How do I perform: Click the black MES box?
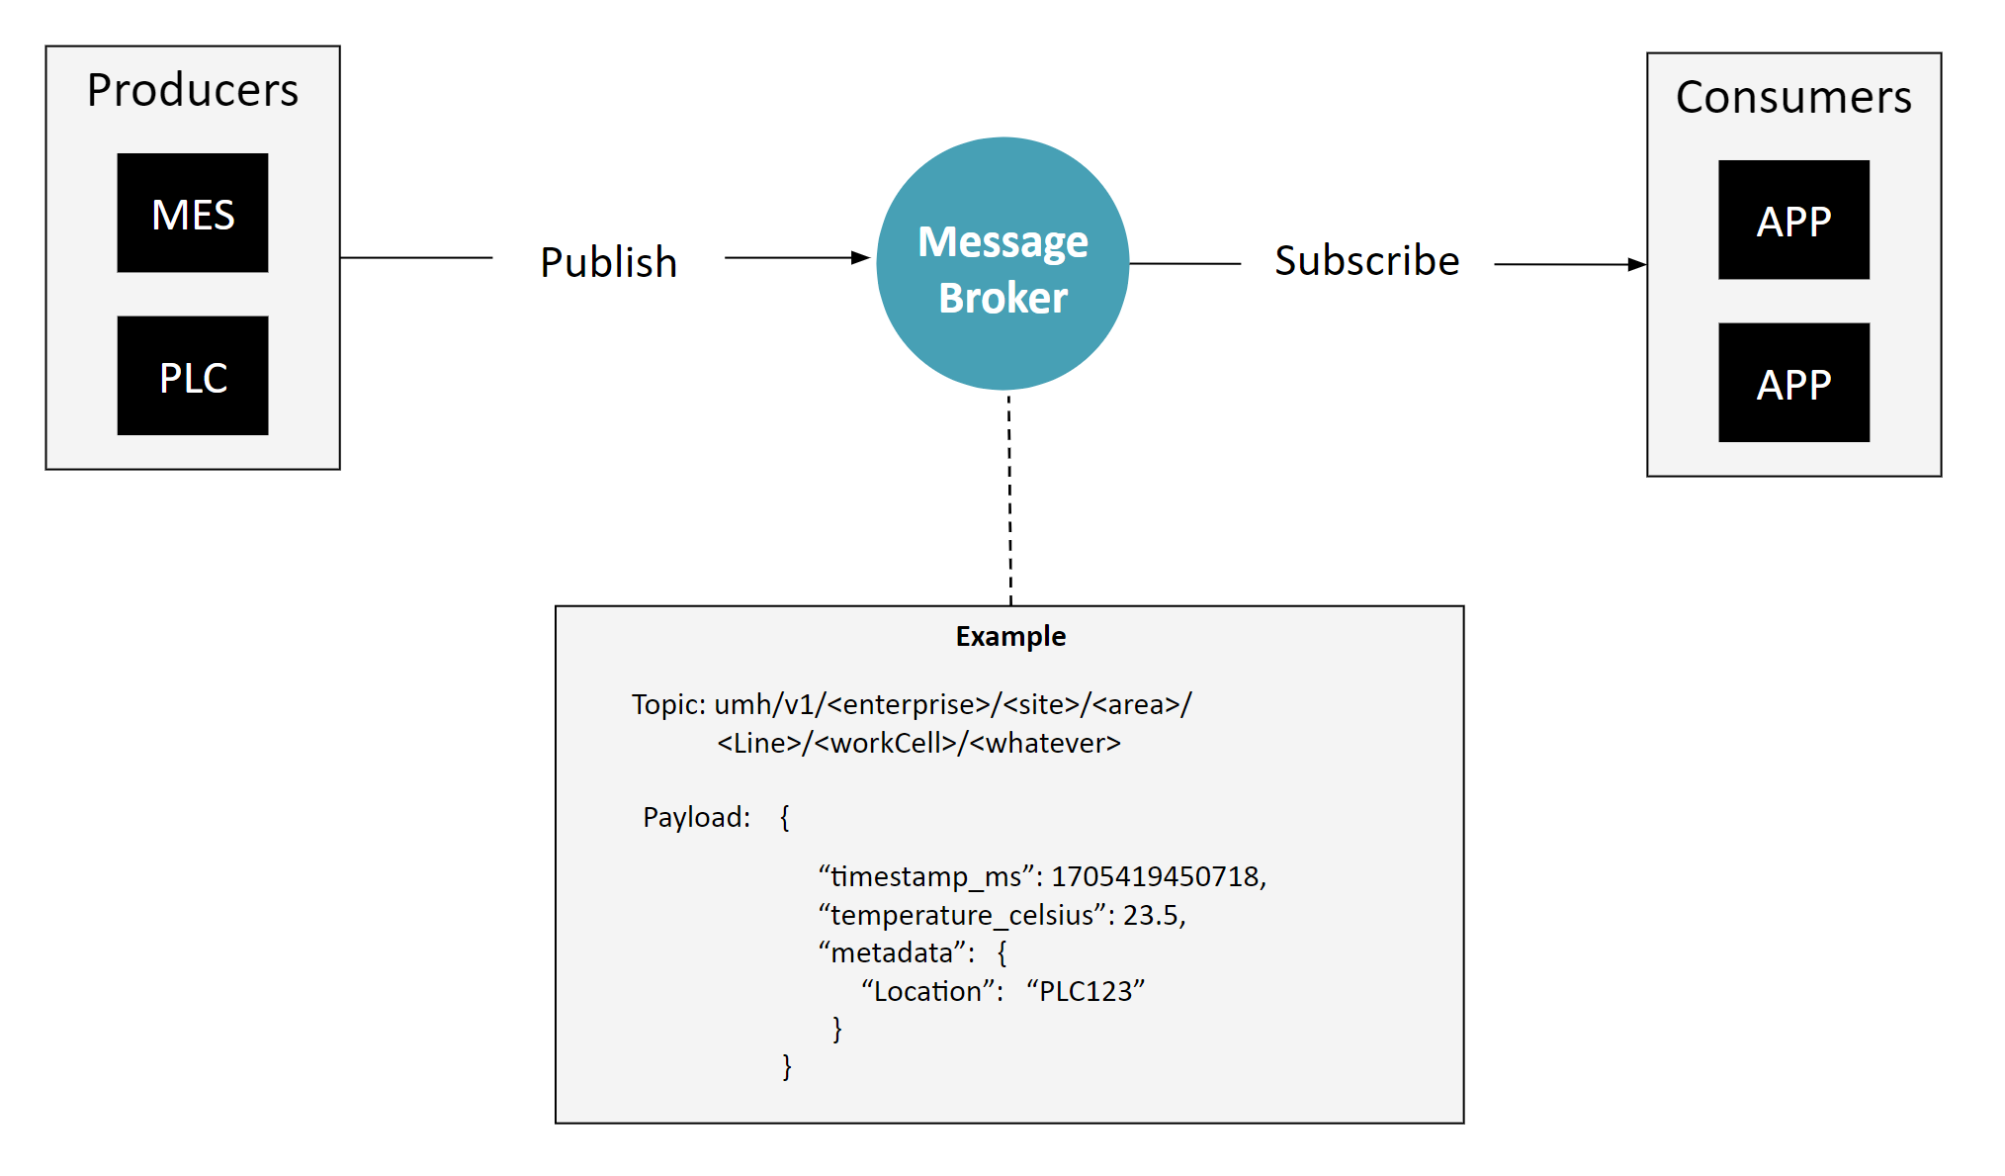(193, 213)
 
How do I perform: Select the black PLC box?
(193, 376)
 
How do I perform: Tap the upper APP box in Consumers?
(1793, 220)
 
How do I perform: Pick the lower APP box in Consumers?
(1793, 383)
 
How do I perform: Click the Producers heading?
(193, 90)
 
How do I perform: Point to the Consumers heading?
(1793, 97)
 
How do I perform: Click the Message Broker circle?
(1002, 264)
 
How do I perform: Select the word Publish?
(608, 262)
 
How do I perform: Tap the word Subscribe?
(1366, 261)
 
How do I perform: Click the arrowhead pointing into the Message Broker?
(861, 258)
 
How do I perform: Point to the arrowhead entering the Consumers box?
(1637, 265)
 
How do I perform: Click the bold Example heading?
(1010, 636)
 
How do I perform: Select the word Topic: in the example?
(668, 704)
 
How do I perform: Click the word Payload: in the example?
(696, 817)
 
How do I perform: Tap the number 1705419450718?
(1156, 876)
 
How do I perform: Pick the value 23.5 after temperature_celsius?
(1150, 915)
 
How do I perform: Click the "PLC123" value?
(1086, 991)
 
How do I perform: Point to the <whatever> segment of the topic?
(1045, 743)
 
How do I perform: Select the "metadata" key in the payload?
(892, 952)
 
